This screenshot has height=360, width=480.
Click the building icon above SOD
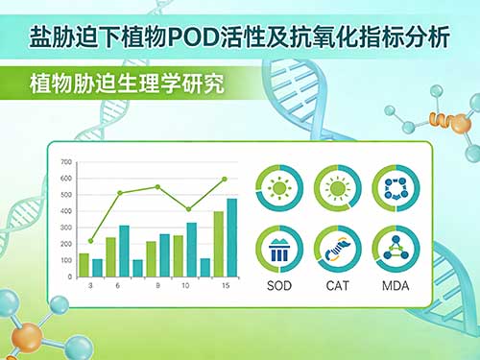pyautogui.click(x=280, y=249)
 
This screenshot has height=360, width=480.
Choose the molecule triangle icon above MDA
pyautogui.click(x=394, y=249)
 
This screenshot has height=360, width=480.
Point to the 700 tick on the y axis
pyautogui.click(x=65, y=161)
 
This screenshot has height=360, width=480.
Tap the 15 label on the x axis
pyautogui.click(x=225, y=286)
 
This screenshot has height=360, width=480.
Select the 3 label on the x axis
pyautogui.click(x=90, y=286)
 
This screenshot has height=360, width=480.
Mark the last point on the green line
pyautogui.click(x=225, y=180)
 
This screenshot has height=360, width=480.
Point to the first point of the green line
pyautogui.click(x=90, y=241)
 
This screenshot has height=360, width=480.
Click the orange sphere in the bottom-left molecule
pyautogui.click(x=29, y=335)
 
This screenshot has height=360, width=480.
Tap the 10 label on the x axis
pyautogui.click(x=186, y=286)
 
